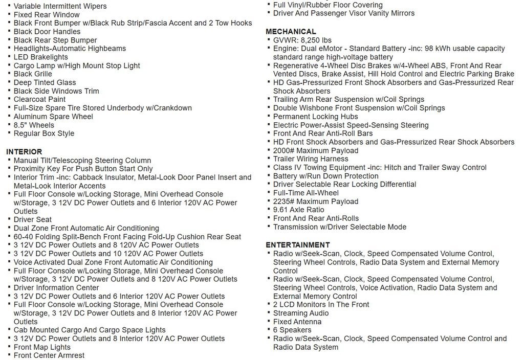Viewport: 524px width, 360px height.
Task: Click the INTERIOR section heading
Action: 24,152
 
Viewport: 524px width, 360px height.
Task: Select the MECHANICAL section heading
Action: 291,32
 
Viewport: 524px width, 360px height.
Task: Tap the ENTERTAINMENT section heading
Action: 298,245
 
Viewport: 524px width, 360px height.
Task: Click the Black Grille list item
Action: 33,74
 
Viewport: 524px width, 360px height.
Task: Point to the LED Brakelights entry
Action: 40,57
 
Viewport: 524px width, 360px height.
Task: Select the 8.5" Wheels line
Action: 34,125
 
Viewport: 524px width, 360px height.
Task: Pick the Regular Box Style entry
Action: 44,133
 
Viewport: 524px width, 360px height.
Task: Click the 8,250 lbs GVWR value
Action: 316,40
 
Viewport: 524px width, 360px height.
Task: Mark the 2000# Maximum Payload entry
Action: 316,151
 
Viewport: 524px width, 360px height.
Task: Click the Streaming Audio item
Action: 301,313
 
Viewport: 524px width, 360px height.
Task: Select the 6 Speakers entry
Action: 293,330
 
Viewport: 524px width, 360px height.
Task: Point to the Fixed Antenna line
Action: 297,322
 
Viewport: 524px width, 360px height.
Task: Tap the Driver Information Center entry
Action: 56,288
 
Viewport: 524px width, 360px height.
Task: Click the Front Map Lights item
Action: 42,347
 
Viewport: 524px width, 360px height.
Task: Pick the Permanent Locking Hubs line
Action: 316,117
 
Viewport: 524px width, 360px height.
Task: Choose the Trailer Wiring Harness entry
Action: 311,159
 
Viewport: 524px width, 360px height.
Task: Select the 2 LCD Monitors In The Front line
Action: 321,305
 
